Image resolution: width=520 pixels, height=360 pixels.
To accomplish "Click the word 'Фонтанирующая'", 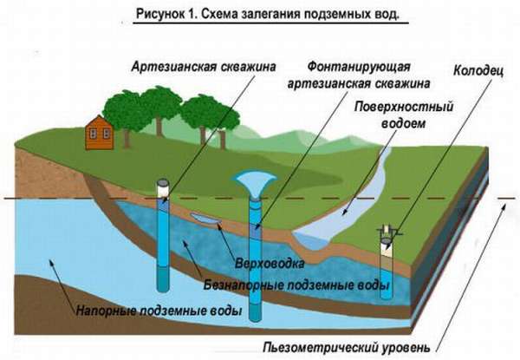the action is pos(357,67).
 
